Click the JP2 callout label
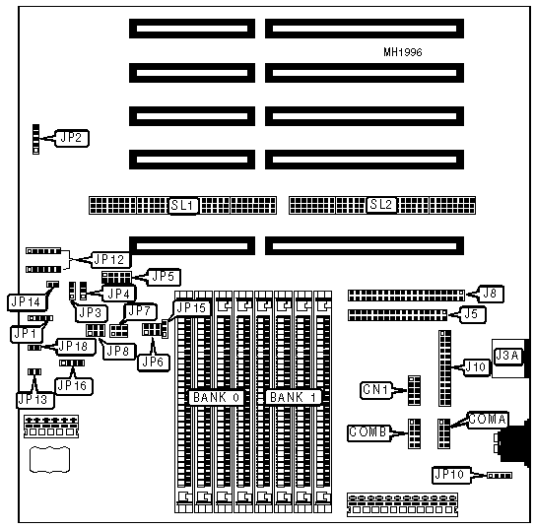pyautogui.click(x=72, y=138)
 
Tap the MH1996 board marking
pyautogui.click(x=403, y=52)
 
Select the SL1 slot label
pyautogui.click(x=183, y=206)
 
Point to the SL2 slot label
pyautogui.click(x=382, y=205)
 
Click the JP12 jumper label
pyautogui.click(x=110, y=260)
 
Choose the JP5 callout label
pyautogui.click(x=164, y=277)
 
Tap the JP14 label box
pyautogui.click(x=27, y=302)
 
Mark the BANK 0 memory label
pyautogui.click(x=217, y=398)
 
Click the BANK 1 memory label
pyautogui.click(x=294, y=397)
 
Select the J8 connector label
pyautogui.click(x=491, y=294)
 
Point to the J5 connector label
pyautogui.click(x=473, y=314)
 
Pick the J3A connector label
pyautogui.click(x=507, y=357)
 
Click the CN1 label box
pyautogui.click(x=376, y=390)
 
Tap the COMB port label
pyautogui.click(x=368, y=432)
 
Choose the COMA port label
pyautogui.click(x=488, y=420)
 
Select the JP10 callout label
pyautogui.click(x=450, y=475)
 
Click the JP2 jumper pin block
pyautogui.click(x=35, y=139)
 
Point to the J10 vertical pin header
pyautogui.click(x=445, y=368)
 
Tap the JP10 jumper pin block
pyautogui.click(x=500, y=475)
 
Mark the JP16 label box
pyautogui.click(x=74, y=386)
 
